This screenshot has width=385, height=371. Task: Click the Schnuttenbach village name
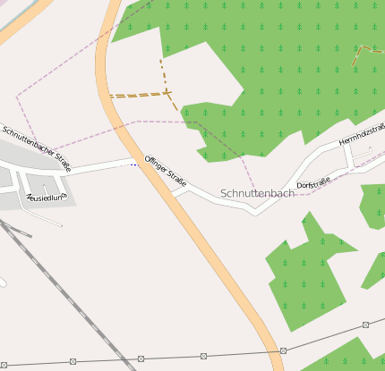coord(257,193)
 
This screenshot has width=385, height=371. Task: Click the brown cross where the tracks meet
coord(167,92)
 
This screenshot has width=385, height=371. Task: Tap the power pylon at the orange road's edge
coord(283,350)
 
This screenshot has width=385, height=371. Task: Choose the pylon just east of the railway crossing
coord(203,357)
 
